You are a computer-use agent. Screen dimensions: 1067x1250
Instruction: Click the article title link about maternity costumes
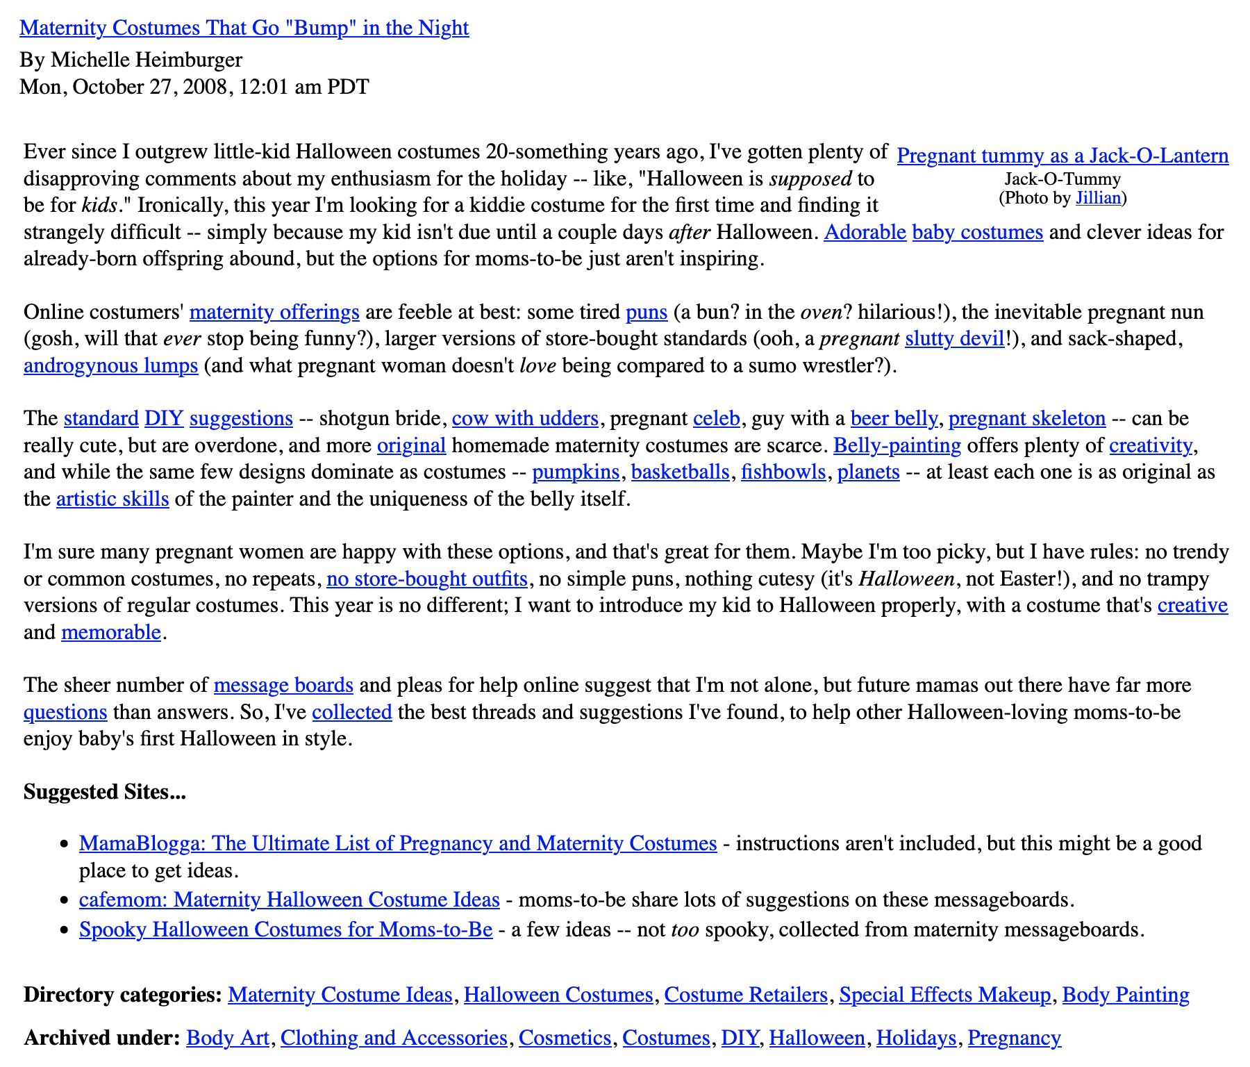pyautogui.click(x=244, y=28)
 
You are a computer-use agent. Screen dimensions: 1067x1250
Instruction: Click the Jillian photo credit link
pyautogui.click(x=1098, y=198)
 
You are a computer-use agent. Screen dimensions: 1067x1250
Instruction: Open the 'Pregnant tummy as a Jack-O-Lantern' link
pyautogui.click(x=1062, y=156)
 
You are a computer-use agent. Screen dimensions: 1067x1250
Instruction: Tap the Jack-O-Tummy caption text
pyautogui.click(x=1062, y=179)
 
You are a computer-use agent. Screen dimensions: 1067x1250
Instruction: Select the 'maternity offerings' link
pyautogui.click(x=274, y=313)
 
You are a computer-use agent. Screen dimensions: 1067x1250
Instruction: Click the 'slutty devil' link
pyautogui.click(x=954, y=339)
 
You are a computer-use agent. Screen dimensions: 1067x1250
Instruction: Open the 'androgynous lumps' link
pyautogui.click(x=110, y=366)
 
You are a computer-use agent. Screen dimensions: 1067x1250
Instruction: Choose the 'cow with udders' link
pyautogui.click(x=525, y=419)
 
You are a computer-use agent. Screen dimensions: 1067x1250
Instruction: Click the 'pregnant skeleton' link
pyautogui.click(x=1026, y=419)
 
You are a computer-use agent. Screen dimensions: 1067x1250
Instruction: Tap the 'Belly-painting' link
pyautogui.click(x=897, y=445)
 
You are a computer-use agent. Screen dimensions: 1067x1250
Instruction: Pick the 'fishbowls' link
pyautogui.click(x=783, y=472)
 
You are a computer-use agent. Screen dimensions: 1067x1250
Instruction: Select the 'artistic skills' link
pyautogui.click(x=112, y=499)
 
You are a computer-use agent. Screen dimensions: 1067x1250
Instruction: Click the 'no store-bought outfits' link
pyautogui.click(x=426, y=579)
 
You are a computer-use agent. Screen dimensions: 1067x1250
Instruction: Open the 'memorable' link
pyautogui.click(x=111, y=633)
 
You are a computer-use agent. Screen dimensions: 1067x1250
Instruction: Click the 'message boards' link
pyautogui.click(x=283, y=686)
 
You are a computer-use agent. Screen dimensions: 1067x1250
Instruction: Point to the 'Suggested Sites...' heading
pyautogui.click(x=105, y=793)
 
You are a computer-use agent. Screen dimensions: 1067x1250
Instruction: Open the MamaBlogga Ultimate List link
pyautogui.click(x=398, y=843)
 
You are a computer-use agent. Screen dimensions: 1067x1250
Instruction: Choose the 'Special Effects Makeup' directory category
pyautogui.click(x=944, y=995)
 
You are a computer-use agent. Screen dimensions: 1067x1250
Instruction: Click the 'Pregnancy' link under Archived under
pyautogui.click(x=1014, y=1038)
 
